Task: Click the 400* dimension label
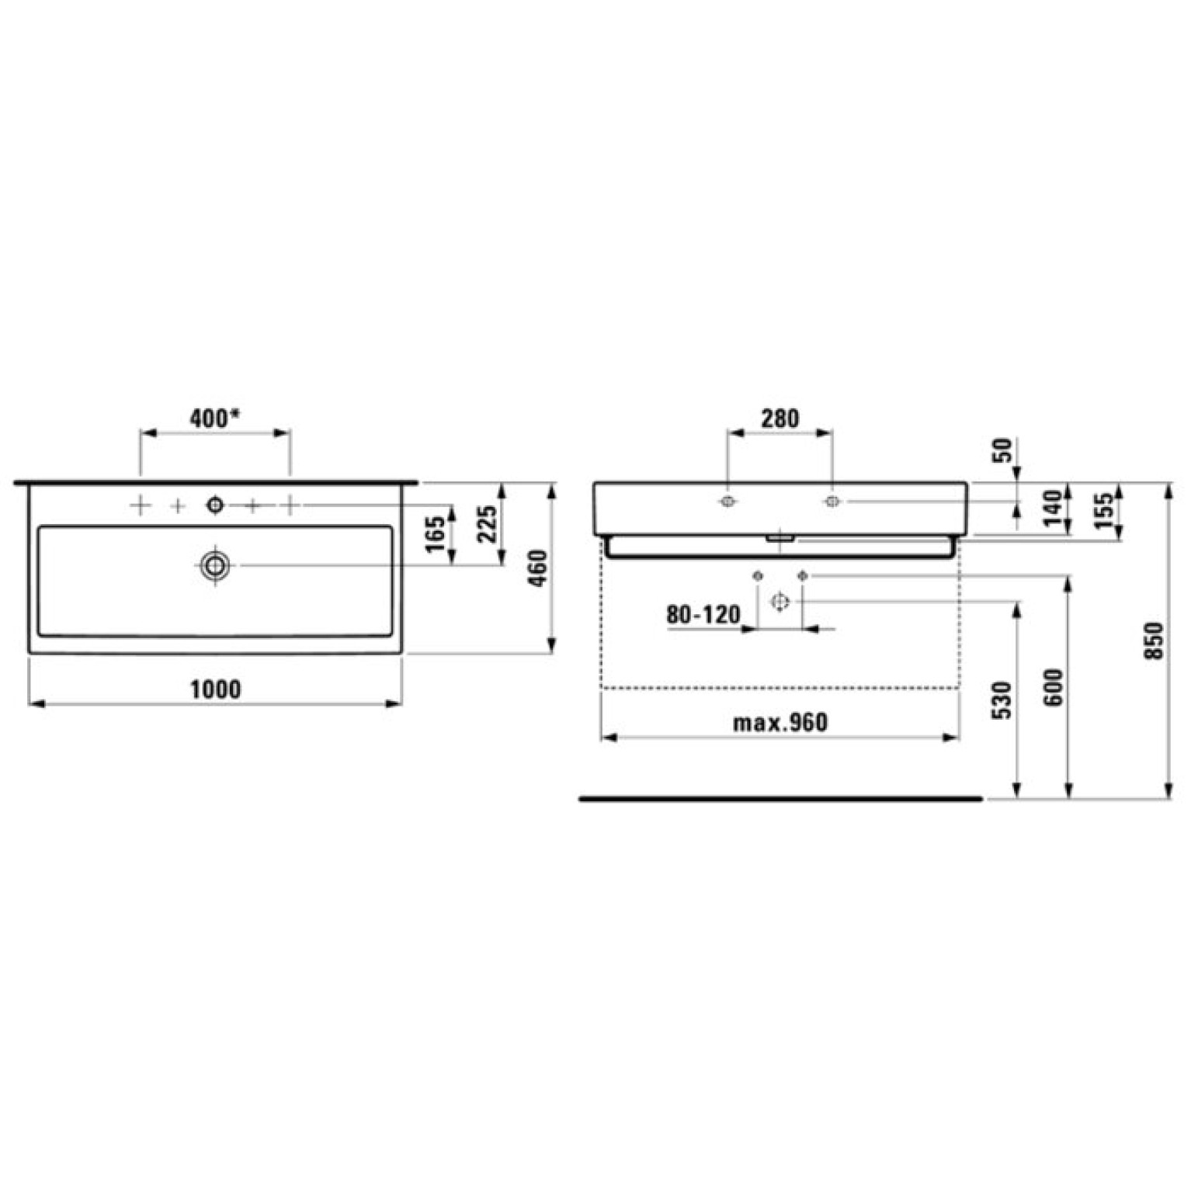(214, 418)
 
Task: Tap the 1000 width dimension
(215, 689)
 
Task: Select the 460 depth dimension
(538, 568)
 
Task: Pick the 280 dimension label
(779, 418)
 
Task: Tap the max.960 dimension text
(780, 723)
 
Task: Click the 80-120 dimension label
(703, 615)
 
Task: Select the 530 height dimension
(1003, 700)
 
